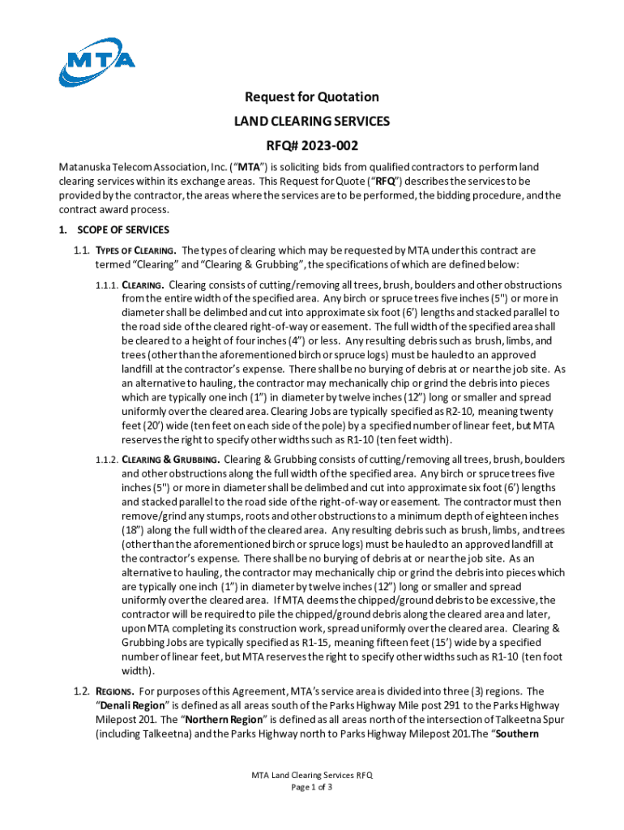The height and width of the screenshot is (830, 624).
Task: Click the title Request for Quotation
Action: click(312, 97)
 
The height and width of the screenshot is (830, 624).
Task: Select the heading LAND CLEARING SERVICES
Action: click(312, 122)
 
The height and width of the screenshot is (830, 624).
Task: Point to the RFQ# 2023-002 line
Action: click(312, 146)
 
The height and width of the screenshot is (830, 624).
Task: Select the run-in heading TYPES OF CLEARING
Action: click(136, 251)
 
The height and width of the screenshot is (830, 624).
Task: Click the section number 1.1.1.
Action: click(107, 285)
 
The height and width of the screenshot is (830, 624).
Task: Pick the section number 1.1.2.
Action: click(107, 460)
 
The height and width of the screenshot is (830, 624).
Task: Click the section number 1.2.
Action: click(80, 691)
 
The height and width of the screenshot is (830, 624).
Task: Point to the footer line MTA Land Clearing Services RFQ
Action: click(312, 775)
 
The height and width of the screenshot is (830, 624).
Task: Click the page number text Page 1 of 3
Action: click(312, 787)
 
